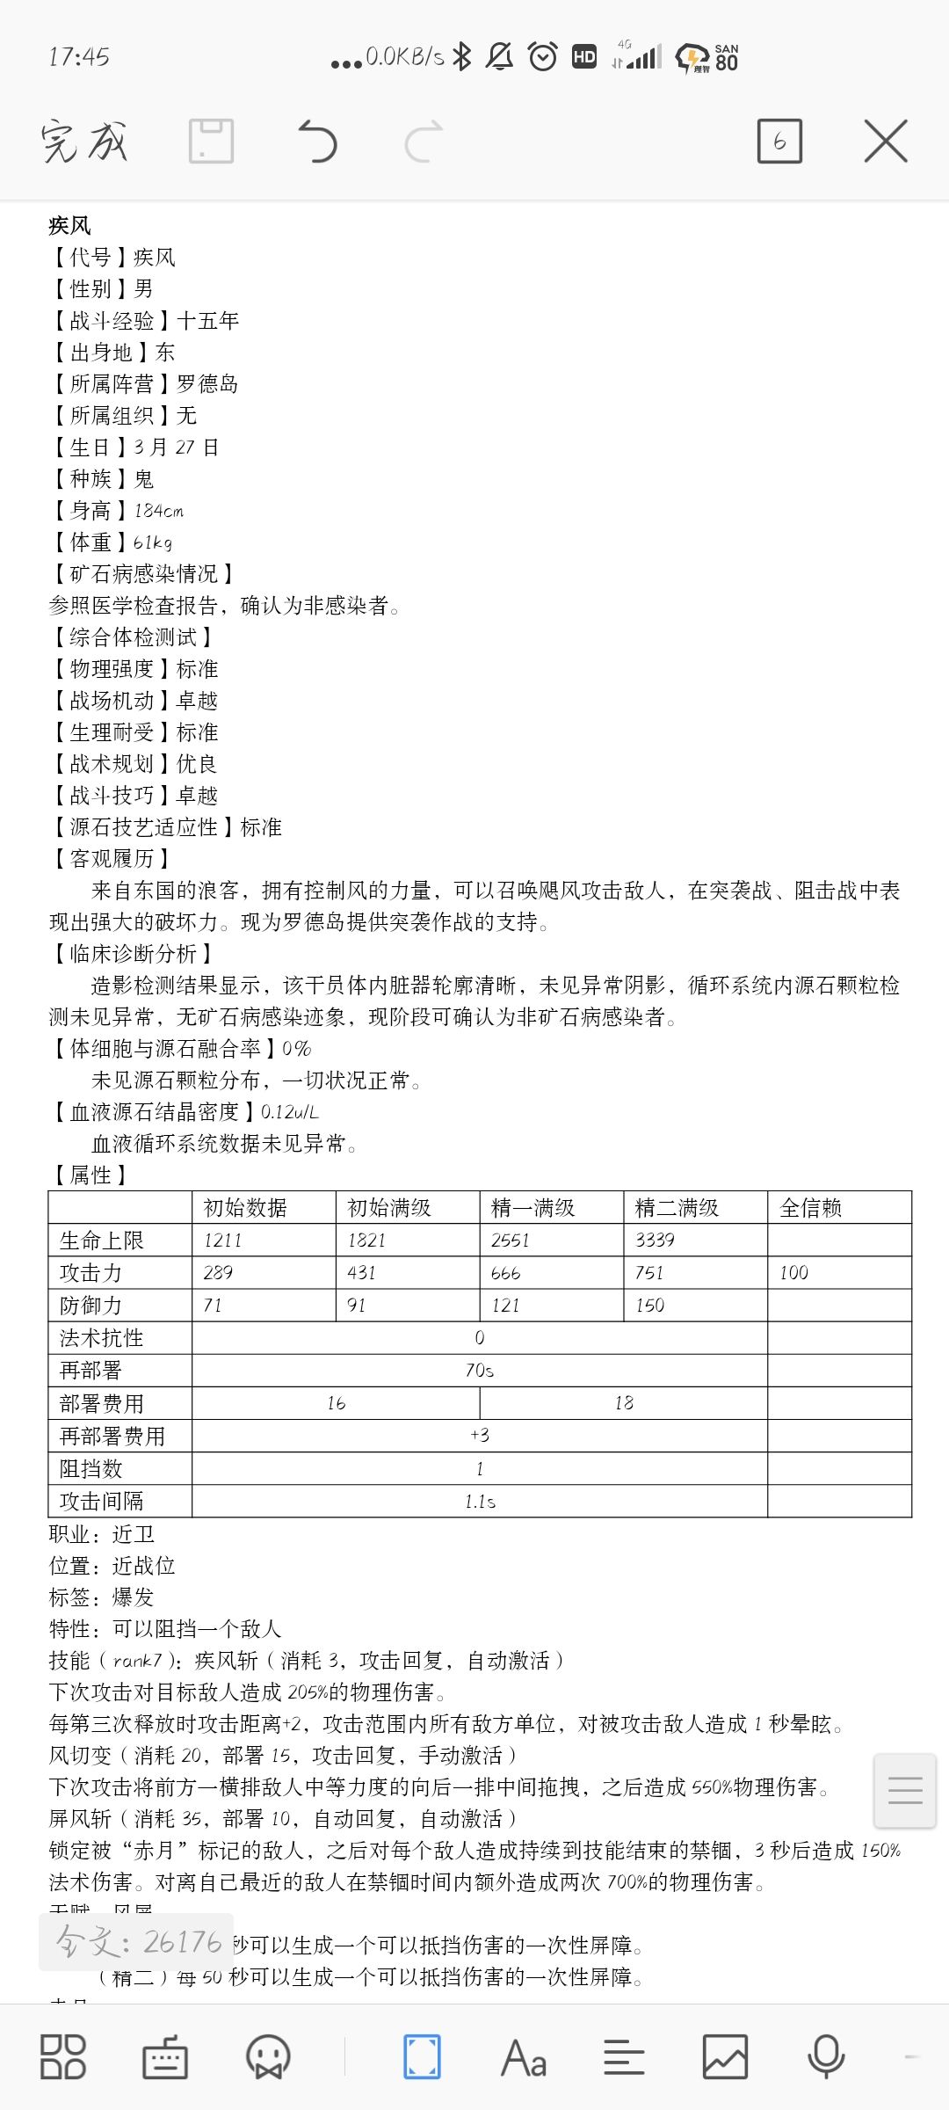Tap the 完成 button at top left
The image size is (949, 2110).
point(84,142)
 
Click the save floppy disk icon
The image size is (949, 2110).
point(211,142)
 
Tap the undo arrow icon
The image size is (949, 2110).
point(318,142)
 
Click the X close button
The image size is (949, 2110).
point(885,142)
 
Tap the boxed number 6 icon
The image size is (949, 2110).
point(779,142)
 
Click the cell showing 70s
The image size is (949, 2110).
point(480,1370)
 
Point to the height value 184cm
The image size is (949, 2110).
point(159,510)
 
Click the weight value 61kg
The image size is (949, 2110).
point(153,542)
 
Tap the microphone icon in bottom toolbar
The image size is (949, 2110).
point(825,2057)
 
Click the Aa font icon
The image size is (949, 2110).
point(524,2057)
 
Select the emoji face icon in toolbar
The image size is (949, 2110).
point(268,2057)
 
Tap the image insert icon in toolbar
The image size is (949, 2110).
point(725,2057)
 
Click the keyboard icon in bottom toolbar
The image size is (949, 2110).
point(165,2057)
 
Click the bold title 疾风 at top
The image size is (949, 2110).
point(70,225)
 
